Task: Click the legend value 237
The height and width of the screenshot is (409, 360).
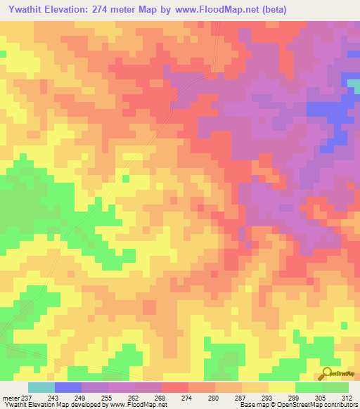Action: (27, 398)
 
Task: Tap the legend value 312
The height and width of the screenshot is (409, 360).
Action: (346, 398)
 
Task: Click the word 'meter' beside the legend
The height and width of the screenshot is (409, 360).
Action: (11, 398)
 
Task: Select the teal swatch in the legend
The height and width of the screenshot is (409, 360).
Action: (41, 387)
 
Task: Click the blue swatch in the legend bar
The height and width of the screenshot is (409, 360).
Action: (68, 387)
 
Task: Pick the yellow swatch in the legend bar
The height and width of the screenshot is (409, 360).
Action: (281, 387)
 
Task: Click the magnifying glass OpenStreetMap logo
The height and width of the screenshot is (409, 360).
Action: (327, 373)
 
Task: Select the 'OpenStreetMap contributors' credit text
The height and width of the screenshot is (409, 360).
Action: (316, 405)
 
